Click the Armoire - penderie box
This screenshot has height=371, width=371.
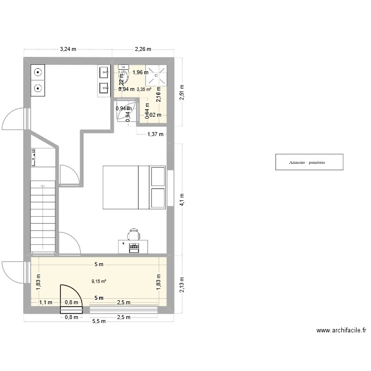309,162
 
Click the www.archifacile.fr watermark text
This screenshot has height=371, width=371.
341,331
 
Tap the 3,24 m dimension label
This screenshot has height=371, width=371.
68,49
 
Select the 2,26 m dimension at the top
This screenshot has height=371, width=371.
143,49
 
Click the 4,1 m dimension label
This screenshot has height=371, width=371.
182,200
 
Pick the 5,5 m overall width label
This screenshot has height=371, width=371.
100,321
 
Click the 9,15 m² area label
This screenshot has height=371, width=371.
99,281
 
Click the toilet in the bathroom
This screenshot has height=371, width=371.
124,76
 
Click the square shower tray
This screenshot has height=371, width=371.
156,76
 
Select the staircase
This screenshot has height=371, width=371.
43,218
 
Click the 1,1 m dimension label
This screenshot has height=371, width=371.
46,303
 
